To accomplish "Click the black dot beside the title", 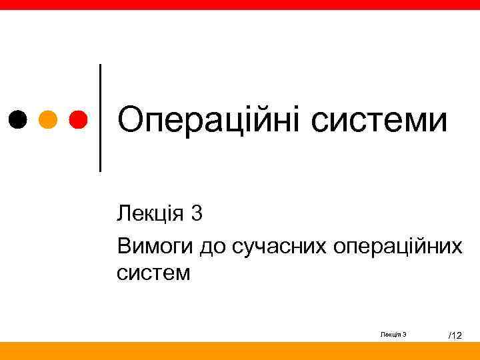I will click(19, 120).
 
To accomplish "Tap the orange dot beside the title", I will click(48, 120).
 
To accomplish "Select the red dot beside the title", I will click(77, 120).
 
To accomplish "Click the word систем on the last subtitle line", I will click(153, 273).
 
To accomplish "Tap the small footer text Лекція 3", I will click(394, 334).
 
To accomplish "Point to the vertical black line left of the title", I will click(100, 117).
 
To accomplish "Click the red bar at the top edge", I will click(240, 4).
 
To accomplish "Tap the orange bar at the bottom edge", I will click(240, 351).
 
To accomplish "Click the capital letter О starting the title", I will click(131, 121).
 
